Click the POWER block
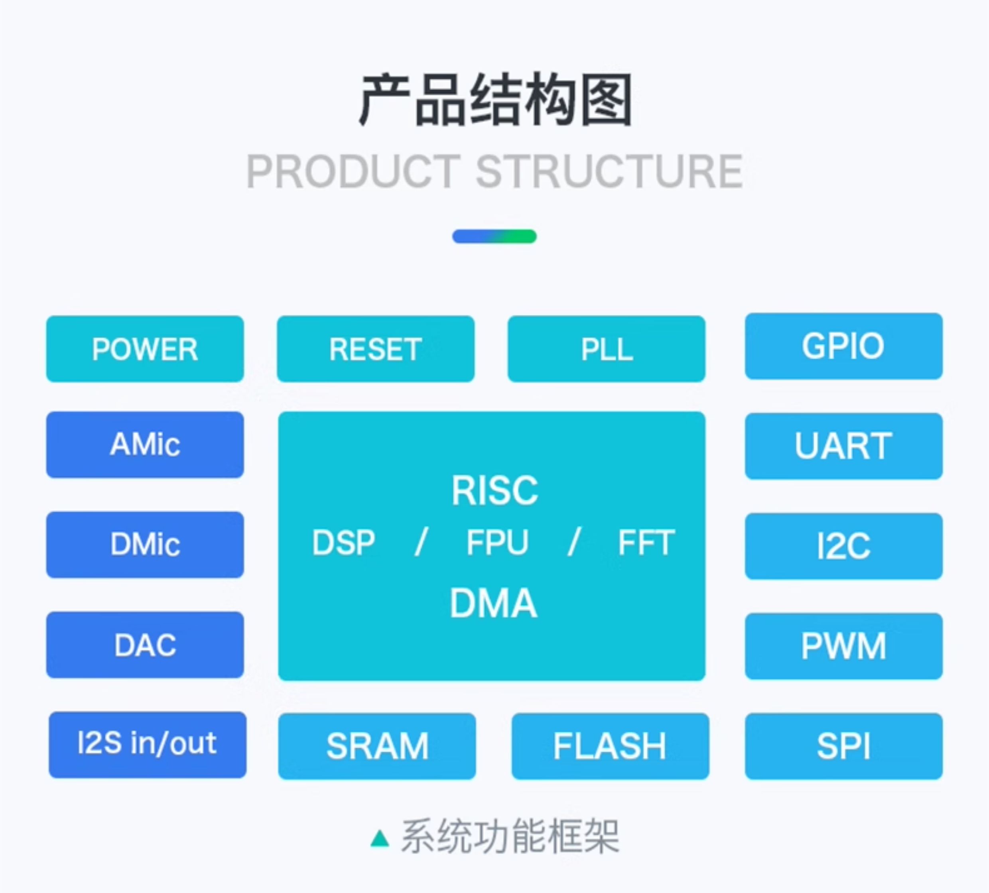tap(145, 349)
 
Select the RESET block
tap(375, 349)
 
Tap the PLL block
tap(606, 349)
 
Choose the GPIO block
tap(843, 346)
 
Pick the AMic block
tap(145, 444)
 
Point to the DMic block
tap(145, 544)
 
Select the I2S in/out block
tap(147, 744)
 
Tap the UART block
tap(843, 446)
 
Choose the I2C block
tap(843, 546)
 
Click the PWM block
tap(843, 646)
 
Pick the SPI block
tap(843, 746)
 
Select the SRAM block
tap(377, 746)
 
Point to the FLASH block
tap(610, 746)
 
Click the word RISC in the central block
tap(494, 490)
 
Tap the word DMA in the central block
tap(494, 603)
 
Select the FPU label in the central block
tap(497, 542)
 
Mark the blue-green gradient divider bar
tap(494, 236)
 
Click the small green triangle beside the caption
tap(380, 838)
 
